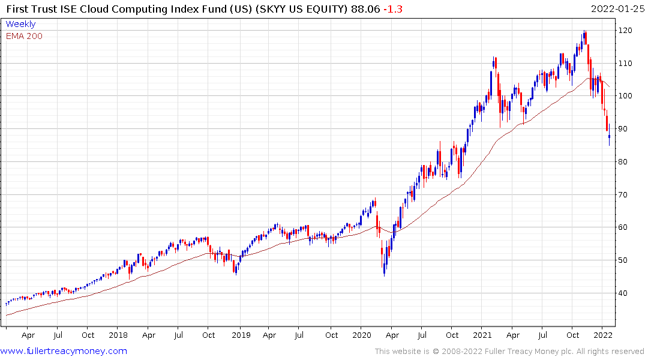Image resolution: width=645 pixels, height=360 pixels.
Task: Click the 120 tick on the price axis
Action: click(x=626, y=31)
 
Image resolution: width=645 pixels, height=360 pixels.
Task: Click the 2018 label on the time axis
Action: click(x=118, y=335)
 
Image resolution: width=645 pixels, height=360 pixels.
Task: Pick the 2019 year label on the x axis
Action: click(x=241, y=335)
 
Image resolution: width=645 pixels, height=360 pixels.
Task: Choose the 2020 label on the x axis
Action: click(x=362, y=335)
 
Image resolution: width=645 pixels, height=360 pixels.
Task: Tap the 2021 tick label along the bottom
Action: click(x=484, y=335)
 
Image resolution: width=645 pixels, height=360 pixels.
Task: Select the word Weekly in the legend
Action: click(x=20, y=25)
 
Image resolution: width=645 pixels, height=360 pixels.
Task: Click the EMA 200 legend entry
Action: click(x=24, y=36)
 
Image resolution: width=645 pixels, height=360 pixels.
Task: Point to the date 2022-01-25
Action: click(x=616, y=9)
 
